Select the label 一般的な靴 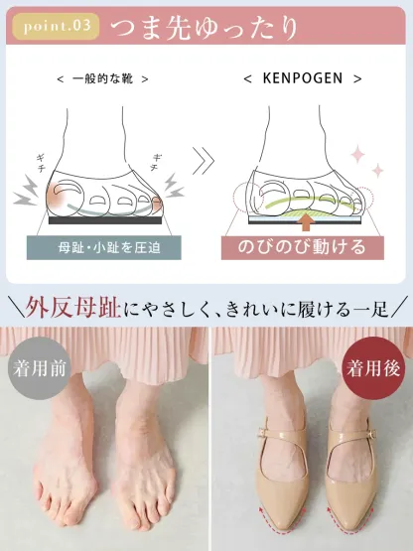coord(104,77)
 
